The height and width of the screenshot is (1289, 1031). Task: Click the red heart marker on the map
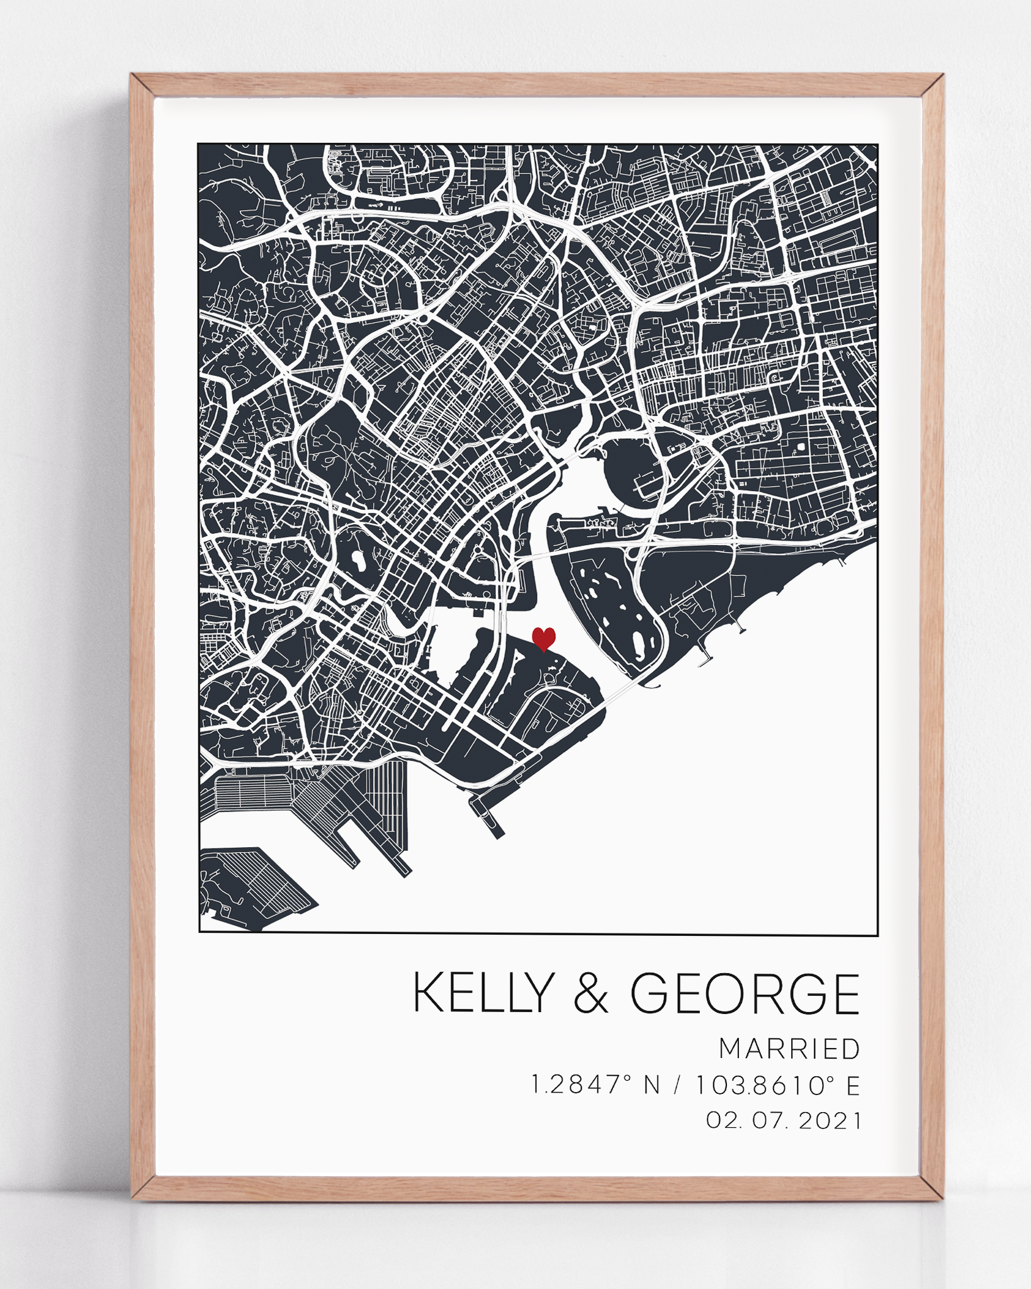coord(543,638)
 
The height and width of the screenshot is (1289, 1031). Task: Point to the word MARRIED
coord(789,1049)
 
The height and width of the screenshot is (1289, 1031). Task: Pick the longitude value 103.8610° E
coord(777,1084)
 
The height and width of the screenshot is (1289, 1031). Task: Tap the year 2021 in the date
coord(829,1120)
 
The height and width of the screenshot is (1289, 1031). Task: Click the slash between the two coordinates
coord(677,1085)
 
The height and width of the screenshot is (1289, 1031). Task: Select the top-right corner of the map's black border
coord(877,144)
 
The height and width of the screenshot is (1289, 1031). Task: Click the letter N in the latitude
coord(653,1085)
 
